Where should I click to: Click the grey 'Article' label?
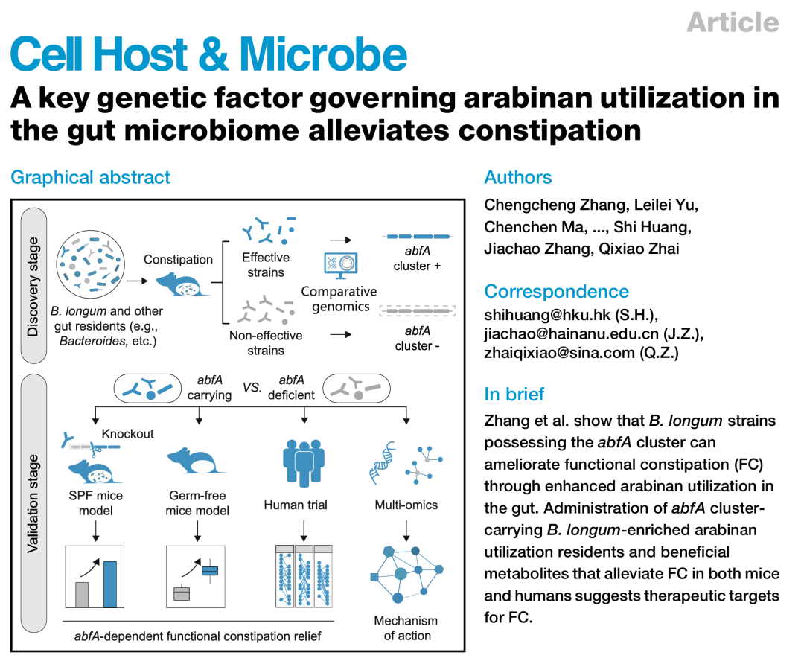tap(733, 22)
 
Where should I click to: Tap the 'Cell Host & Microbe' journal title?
tap(208, 54)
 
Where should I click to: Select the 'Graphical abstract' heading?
tap(90, 177)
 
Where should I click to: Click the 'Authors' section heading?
tap(518, 177)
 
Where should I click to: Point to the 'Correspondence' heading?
tap(556, 291)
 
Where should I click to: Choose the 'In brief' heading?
tap(514, 394)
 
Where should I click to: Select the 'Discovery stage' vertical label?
tap(33, 287)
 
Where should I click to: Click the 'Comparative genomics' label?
tap(339, 299)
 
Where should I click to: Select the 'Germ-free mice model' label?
tap(197, 503)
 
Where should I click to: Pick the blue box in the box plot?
tap(211, 571)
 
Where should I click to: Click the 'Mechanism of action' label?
tap(406, 628)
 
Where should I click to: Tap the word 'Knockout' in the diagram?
tap(128, 433)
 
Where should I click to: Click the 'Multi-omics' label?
tap(406, 505)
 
